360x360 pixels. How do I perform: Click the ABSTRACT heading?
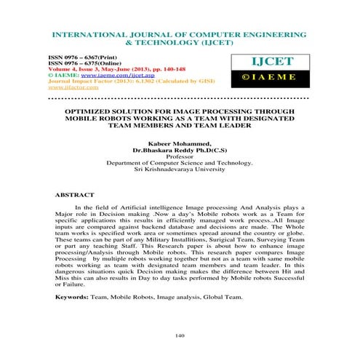click(76, 196)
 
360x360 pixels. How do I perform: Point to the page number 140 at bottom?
click(181, 335)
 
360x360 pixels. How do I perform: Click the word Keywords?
click(71, 298)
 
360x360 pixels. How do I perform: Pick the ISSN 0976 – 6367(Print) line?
click(88, 55)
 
